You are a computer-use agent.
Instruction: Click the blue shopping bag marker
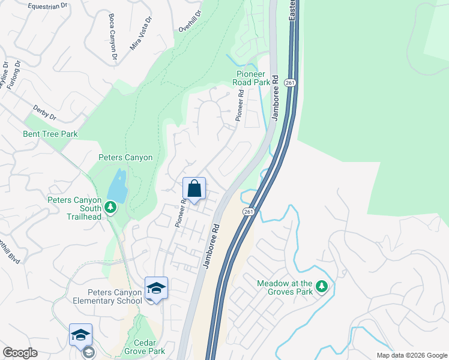click(x=194, y=190)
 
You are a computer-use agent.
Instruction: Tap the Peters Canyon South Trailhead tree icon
click(x=110, y=208)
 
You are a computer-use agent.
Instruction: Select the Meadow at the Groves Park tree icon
click(x=322, y=287)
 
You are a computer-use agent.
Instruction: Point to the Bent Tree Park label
click(x=50, y=134)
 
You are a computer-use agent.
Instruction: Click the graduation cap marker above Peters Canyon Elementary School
click(x=156, y=289)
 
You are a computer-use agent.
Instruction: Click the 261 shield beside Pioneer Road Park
click(x=291, y=83)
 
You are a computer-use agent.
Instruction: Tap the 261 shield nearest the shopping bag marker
click(x=249, y=212)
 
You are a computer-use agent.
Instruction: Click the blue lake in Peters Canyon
click(x=118, y=187)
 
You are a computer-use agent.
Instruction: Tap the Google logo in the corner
click(x=20, y=353)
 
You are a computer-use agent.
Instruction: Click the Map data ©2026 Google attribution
click(x=411, y=355)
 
